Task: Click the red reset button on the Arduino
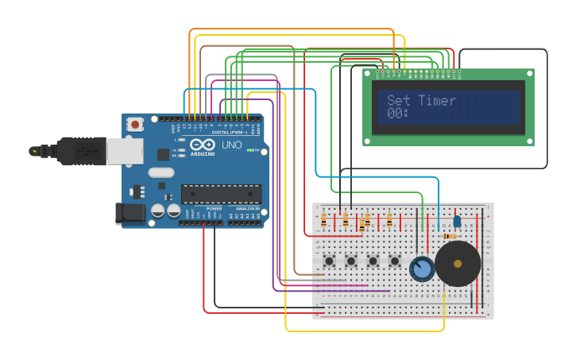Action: [x=136, y=124]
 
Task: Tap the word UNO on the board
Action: [x=231, y=145]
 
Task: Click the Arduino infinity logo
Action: [x=203, y=145]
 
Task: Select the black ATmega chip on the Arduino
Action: [x=221, y=194]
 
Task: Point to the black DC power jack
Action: [x=131, y=212]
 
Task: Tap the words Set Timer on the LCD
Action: [x=421, y=101]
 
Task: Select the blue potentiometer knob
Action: [x=422, y=269]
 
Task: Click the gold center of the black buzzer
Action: [x=458, y=263]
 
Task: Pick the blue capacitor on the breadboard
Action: [x=457, y=220]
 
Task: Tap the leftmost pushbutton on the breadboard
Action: [x=329, y=261]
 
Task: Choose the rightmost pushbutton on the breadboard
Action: [x=395, y=261]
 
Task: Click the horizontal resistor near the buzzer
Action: [x=450, y=236]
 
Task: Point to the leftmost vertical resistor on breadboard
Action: [x=323, y=219]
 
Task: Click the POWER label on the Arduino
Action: [x=214, y=209]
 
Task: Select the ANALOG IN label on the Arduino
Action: [x=246, y=209]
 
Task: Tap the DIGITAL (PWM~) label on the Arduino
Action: [x=225, y=133]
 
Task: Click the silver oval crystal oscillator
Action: [x=160, y=172]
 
